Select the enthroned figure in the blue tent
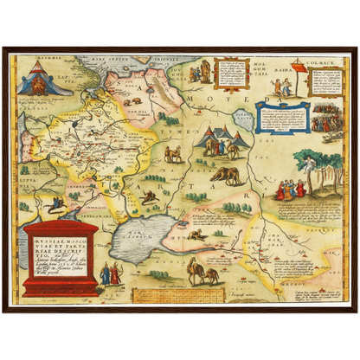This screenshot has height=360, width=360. tap(39, 80)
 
